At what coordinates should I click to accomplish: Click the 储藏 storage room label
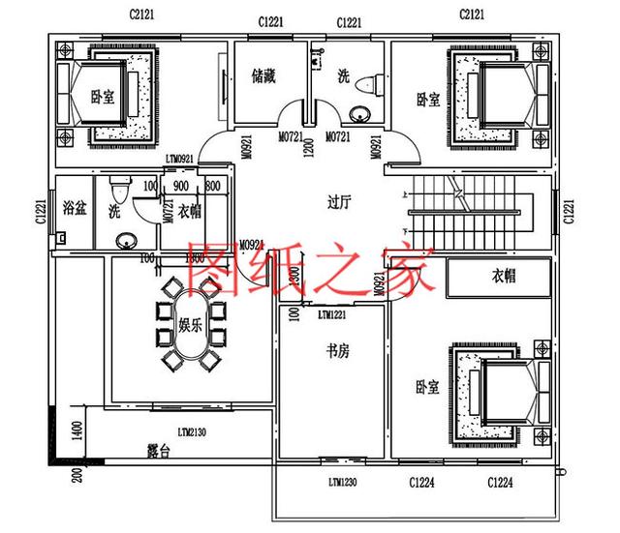tap(263, 74)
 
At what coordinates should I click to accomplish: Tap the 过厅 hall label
tap(338, 202)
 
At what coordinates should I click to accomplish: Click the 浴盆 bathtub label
tap(74, 207)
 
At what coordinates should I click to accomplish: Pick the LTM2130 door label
tap(194, 431)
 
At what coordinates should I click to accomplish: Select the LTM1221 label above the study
tap(335, 315)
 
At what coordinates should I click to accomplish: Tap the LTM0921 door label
tap(180, 158)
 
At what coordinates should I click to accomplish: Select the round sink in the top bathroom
tap(359, 114)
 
